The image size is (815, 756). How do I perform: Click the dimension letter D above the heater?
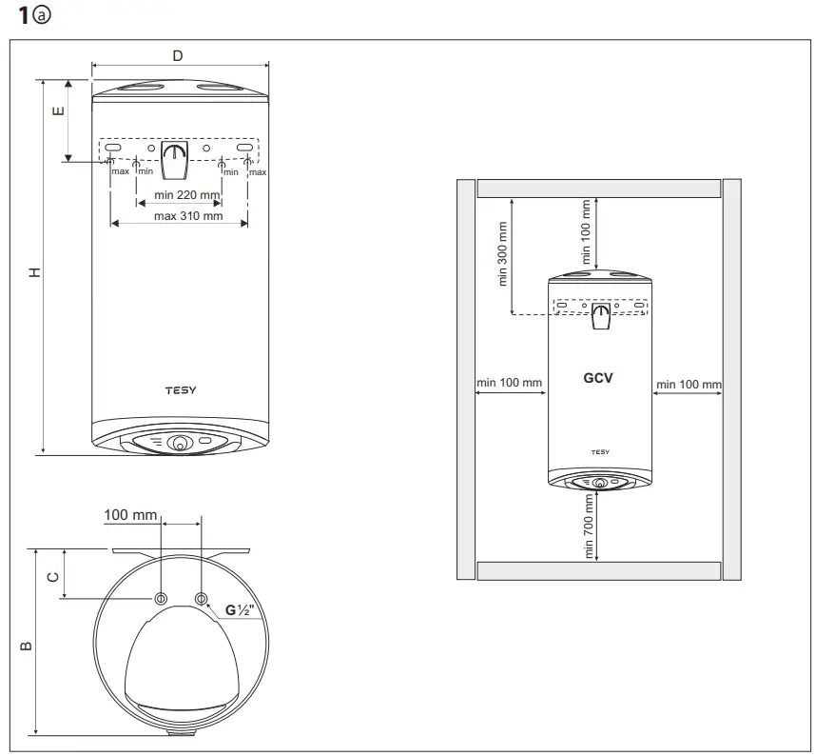[x=178, y=55]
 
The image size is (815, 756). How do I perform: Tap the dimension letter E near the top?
[x=58, y=111]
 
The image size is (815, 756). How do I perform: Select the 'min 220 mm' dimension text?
[x=179, y=195]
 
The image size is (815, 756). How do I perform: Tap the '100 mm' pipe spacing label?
[x=130, y=515]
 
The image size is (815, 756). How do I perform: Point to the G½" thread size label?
[x=240, y=610]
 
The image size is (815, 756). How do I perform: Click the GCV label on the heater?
[x=598, y=378]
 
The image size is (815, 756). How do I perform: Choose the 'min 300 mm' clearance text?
[x=503, y=254]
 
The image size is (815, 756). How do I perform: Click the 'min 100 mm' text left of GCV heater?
[x=510, y=384]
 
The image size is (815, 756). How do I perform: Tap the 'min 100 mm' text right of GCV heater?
[x=688, y=384]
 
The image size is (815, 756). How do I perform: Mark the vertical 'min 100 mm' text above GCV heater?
[x=587, y=232]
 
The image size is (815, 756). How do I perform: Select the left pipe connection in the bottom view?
[x=161, y=599]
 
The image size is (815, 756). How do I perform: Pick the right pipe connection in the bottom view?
[x=201, y=599]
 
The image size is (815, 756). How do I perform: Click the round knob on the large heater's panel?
[x=180, y=443]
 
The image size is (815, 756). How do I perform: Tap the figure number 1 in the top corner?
[x=24, y=16]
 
